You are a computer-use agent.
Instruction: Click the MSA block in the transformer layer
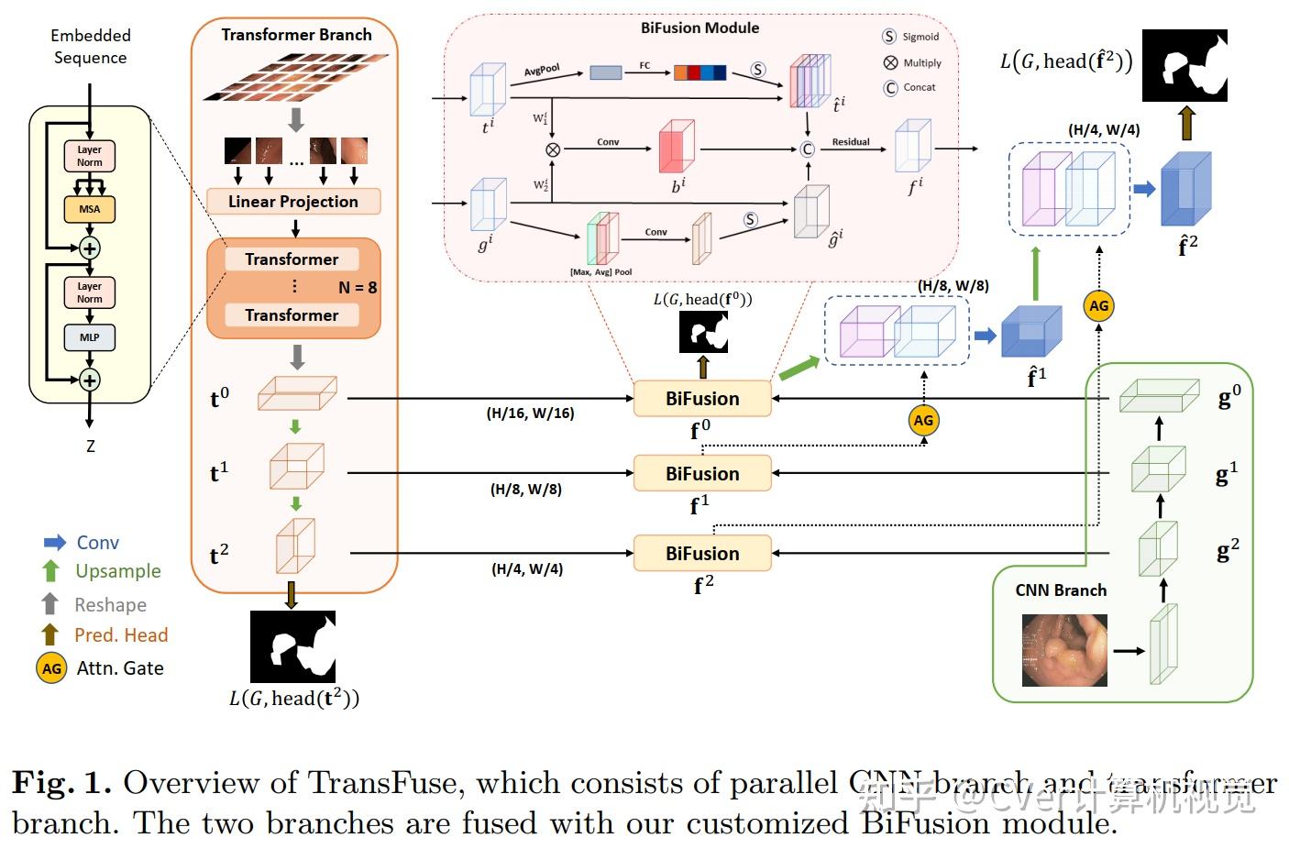coord(89,209)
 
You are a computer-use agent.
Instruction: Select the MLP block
coord(89,337)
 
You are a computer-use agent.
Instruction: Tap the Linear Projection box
coord(293,202)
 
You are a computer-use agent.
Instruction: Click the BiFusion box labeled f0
coord(702,399)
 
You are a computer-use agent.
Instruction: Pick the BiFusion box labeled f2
coord(702,554)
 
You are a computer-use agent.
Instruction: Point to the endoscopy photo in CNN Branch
coord(1064,651)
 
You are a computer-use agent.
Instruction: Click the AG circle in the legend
coord(51,668)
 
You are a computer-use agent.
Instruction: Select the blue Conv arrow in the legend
coord(55,543)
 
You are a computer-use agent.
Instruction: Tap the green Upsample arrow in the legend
coord(51,571)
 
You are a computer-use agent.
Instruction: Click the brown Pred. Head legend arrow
coord(50,634)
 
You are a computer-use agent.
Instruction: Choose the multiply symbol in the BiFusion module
coord(553,149)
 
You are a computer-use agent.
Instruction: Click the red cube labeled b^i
coord(677,147)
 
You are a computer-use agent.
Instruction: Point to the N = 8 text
coord(358,288)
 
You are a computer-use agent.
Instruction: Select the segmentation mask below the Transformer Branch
coord(292,646)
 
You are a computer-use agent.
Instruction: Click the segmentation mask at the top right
coord(1184,65)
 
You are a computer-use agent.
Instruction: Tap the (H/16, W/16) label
coord(530,413)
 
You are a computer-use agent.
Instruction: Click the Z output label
coord(90,447)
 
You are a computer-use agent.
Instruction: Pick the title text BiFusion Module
coord(700,28)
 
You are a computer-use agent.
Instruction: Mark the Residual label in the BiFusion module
coord(851,142)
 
